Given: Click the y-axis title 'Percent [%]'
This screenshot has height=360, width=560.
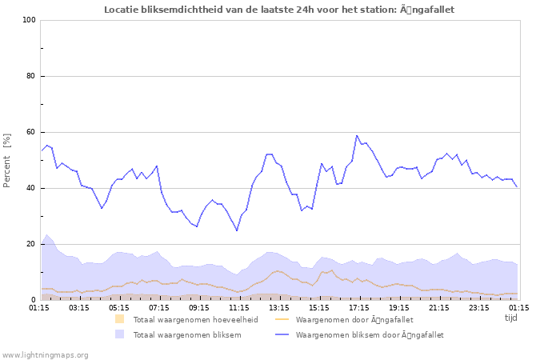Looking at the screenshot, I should [7, 160].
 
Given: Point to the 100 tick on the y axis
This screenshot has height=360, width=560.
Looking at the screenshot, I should [29, 20].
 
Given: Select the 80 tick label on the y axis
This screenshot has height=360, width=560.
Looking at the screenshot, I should [31, 76].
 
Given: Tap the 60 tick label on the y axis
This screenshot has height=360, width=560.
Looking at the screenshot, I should [31, 132].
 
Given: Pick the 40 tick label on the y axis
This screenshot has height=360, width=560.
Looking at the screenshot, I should [31, 188].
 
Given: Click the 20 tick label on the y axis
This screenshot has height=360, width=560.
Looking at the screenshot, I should [31, 244].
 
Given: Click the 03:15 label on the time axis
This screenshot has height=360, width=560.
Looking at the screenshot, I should [79, 307].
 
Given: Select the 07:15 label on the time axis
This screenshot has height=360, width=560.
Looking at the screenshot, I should [159, 307].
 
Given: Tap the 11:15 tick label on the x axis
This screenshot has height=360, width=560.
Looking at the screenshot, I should [239, 307].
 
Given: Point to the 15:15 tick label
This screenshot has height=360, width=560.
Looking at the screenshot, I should [319, 307].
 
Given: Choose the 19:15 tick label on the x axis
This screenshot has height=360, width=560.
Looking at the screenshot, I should [399, 307].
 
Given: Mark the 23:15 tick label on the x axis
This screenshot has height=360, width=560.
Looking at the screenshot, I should [479, 307].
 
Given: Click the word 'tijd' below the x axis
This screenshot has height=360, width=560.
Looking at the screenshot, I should [511, 318].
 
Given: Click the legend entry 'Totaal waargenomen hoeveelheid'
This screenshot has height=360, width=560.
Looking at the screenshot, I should [195, 319].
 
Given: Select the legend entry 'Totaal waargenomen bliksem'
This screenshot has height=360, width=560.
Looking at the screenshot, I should [187, 334].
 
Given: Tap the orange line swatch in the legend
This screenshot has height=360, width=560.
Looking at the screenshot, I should [282, 319].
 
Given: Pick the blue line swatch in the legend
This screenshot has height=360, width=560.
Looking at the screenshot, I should [282, 334].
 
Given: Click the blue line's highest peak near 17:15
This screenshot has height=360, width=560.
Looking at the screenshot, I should [357, 135].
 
